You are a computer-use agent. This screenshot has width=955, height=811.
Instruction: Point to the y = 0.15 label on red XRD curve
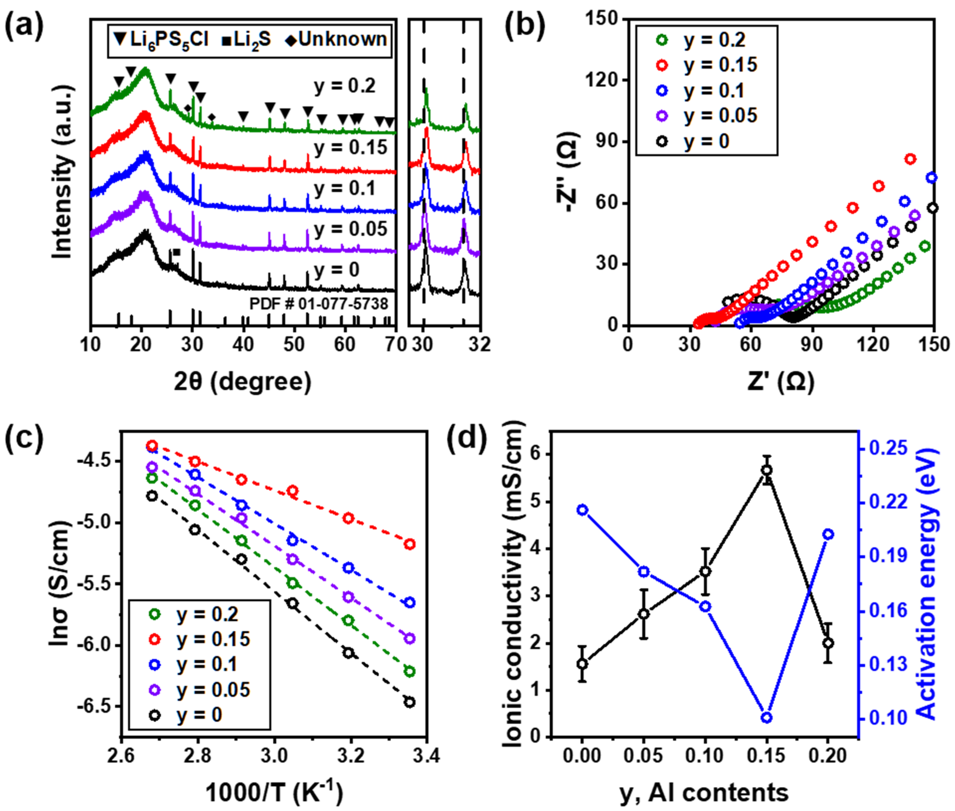point(351,148)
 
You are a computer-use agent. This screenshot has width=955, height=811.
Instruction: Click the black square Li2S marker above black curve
point(177,252)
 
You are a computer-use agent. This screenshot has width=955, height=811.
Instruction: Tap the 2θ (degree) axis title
point(243,382)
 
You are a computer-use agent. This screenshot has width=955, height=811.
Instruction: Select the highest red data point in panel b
point(910,159)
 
